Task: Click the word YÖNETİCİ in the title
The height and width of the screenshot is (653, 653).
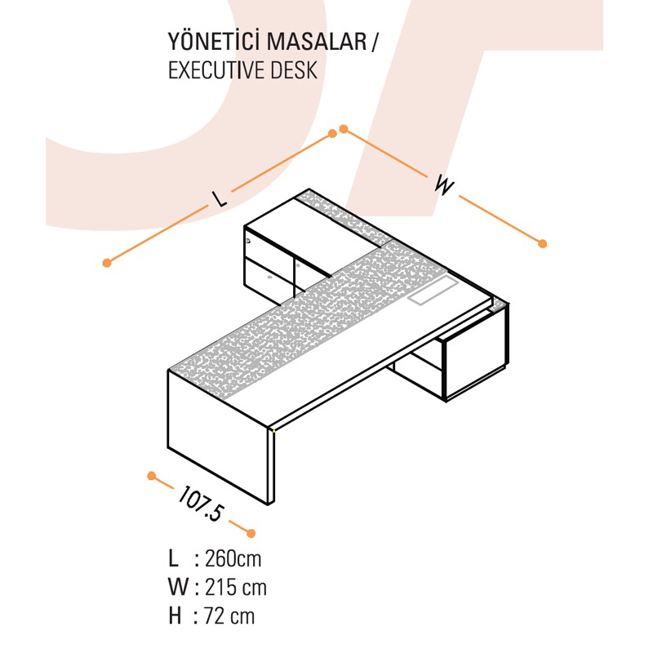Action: coord(215,42)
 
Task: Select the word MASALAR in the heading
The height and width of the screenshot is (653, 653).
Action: coord(317,42)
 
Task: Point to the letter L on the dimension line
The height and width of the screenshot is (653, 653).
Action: coord(219,198)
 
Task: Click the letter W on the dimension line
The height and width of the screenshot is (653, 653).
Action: coord(444,185)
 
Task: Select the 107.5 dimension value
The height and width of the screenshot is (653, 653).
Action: coord(202,503)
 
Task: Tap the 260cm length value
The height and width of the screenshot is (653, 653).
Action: coord(233,558)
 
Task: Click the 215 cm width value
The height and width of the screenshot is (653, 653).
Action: coord(236,587)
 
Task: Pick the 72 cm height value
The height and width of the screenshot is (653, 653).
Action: coord(229,616)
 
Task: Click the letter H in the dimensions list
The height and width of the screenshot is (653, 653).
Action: coord(175,616)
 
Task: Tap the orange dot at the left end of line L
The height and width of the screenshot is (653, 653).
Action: coord(107,263)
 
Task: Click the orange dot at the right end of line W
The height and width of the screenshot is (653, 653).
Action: coord(542,243)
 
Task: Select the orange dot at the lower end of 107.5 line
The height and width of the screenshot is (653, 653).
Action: coord(251,533)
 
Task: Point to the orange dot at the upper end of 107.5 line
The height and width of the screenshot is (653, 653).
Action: coord(152,476)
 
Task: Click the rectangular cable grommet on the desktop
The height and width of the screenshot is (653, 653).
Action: coord(433,289)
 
